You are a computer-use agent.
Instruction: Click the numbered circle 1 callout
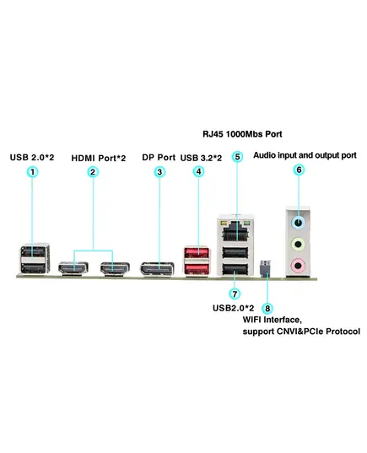[32, 172]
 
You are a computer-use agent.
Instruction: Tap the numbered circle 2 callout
[93, 172]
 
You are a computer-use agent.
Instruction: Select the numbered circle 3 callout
[159, 172]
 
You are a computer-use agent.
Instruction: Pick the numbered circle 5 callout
[237, 157]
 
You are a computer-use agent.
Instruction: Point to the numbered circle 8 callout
[267, 308]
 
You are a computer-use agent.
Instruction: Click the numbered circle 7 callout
[235, 294]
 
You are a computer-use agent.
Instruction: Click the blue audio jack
[299, 223]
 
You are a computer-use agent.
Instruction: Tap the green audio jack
[298, 245]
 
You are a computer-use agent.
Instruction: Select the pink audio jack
[298, 265]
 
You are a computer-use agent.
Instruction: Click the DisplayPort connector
[157, 269]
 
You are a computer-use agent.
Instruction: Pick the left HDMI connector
[73, 268]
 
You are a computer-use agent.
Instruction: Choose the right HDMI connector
[115, 268]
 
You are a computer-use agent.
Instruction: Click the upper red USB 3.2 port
[197, 253]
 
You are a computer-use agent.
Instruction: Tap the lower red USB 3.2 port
[197, 269]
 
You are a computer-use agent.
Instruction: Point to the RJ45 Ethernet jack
[235, 231]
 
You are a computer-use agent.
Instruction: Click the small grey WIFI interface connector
[265, 268]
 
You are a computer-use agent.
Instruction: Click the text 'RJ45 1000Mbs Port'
[242, 134]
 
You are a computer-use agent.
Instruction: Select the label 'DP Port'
[159, 158]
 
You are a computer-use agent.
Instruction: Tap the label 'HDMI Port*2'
[99, 158]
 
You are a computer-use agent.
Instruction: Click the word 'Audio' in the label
[264, 155]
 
